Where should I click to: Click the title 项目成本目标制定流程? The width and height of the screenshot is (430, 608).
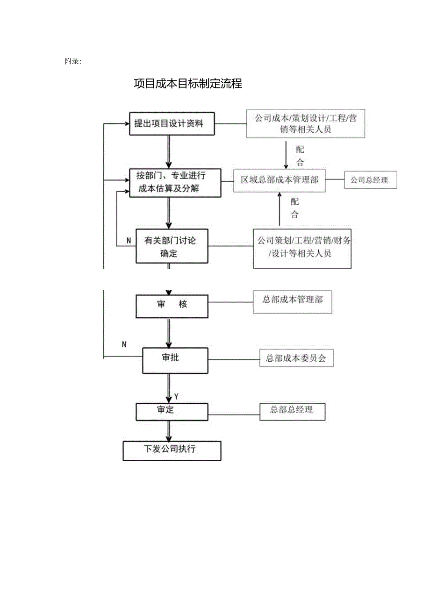188,84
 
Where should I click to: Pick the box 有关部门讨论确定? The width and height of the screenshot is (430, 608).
172,246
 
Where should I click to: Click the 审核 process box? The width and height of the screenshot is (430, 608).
172,305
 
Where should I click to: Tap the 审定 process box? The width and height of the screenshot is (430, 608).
171,411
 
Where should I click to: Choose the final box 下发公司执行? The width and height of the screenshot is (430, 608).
172,451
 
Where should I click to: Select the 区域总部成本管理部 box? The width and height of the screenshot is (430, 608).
279,180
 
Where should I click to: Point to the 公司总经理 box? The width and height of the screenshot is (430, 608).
370,180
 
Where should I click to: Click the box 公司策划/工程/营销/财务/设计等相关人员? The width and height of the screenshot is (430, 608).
302,248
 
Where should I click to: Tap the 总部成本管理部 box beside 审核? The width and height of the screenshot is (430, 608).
293,302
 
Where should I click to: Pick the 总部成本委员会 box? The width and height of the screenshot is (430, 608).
296,358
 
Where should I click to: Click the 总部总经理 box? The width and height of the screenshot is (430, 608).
292,411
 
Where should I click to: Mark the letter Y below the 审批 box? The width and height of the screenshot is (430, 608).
177,396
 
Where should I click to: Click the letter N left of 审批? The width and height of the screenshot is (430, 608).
124,344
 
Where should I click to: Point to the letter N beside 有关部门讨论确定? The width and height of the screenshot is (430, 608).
129,241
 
